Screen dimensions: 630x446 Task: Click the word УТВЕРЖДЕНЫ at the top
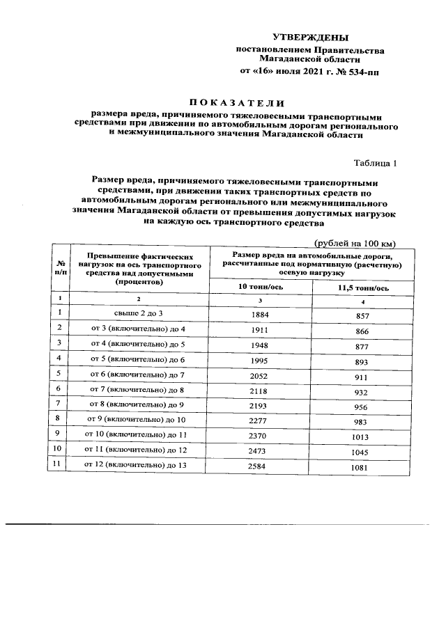click(310, 37)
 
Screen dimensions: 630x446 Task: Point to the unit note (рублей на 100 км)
click(355, 243)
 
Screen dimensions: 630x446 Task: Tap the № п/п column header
click(60, 267)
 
